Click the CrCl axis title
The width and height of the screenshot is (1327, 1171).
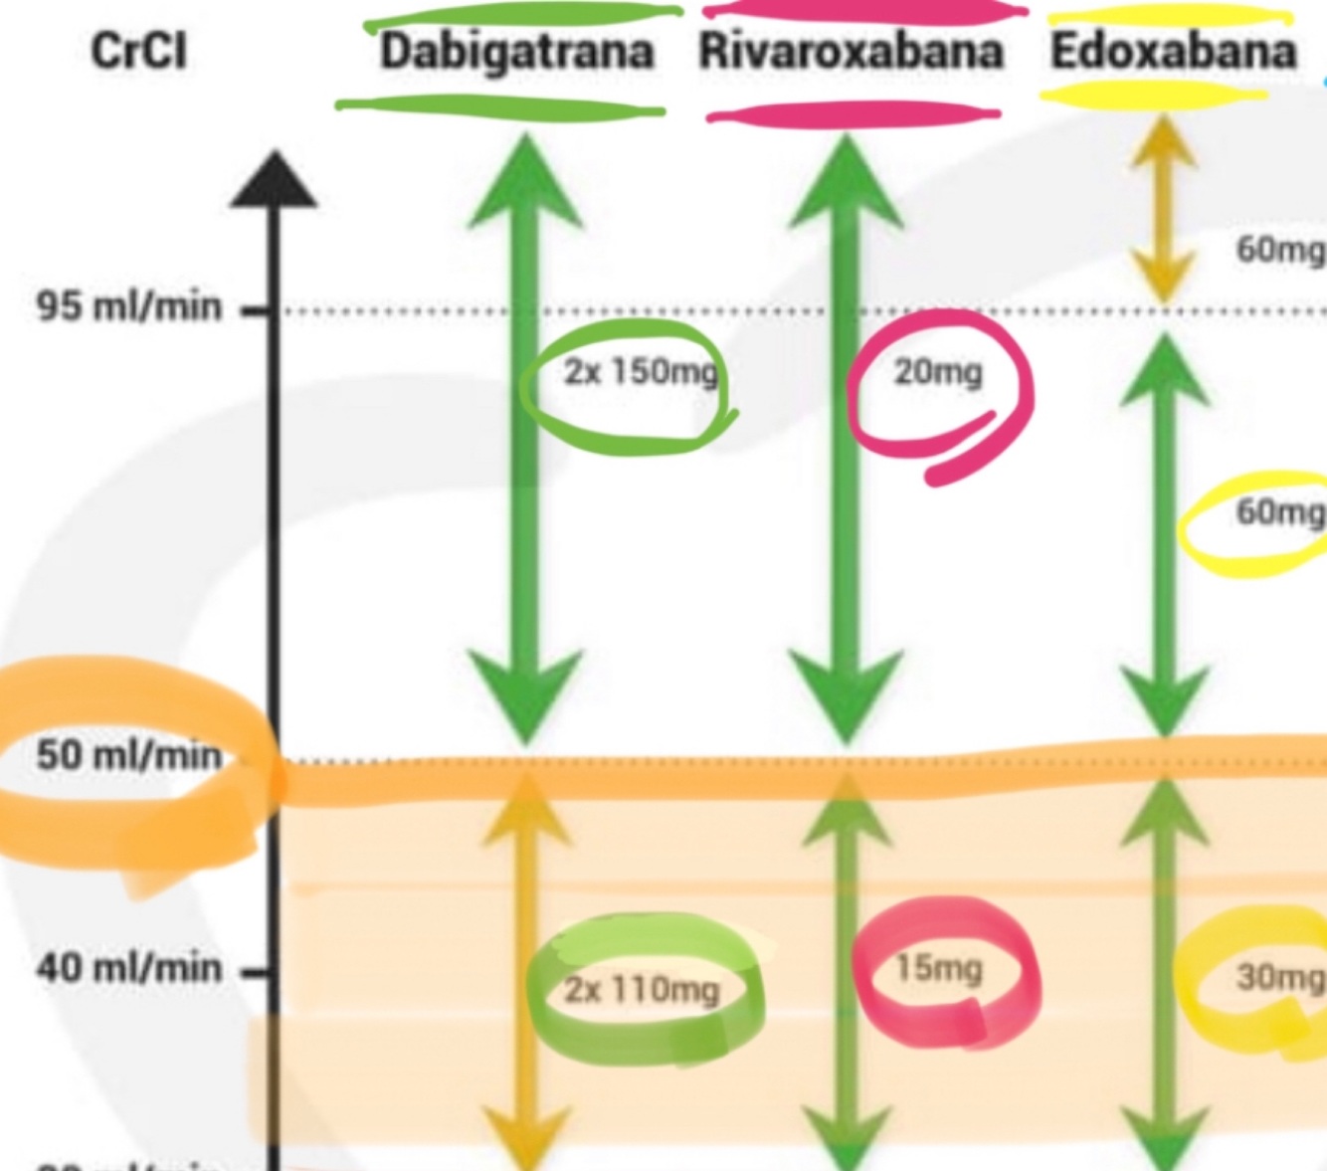click(x=138, y=51)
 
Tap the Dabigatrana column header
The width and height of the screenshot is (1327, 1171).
click(x=516, y=52)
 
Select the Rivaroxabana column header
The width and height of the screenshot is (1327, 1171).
click(x=851, y=52)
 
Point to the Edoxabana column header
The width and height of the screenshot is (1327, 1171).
click(x=1174, y=51)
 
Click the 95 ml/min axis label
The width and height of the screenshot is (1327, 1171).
click(x=129, y=306)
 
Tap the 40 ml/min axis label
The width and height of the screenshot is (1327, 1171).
click(x=129, y=967)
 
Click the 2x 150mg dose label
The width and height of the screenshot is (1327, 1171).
click(x=640, y=372)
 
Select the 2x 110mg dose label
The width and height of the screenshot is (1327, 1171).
click(x=642, y=990)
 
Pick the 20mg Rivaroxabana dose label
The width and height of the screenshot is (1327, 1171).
click(x=937, y=372)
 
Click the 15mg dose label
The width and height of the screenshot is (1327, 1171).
click(x=938, y=968)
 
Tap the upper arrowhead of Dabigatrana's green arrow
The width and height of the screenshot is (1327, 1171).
click(x=525, y=184)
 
